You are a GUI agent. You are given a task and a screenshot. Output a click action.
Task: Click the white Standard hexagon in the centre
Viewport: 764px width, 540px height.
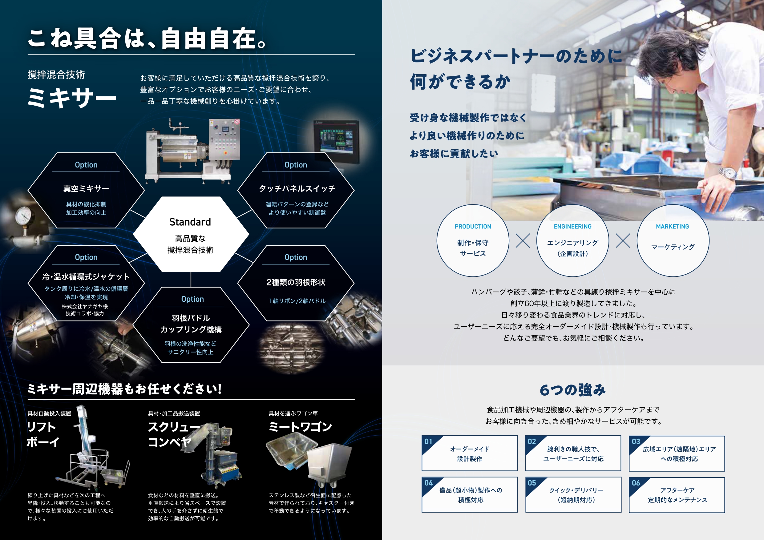click(191, 234)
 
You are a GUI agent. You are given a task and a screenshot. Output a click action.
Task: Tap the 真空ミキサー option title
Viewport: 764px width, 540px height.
click(86, 189)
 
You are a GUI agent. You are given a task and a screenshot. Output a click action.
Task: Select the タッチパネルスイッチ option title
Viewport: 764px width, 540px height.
click(297, 189)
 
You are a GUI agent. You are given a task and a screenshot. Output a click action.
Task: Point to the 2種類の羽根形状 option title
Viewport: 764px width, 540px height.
click(296, 283)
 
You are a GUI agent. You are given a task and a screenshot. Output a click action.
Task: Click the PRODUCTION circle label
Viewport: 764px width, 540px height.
click(473, 227)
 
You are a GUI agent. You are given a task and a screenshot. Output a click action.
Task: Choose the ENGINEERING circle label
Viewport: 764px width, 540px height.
click(573, 227)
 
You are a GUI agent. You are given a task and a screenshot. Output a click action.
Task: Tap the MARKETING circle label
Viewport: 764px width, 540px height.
click(673, 227)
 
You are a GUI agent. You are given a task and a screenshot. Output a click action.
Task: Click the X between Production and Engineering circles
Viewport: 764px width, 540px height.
click(523, 240)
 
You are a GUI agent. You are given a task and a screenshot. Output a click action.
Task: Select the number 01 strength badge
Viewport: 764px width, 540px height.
click(428, 441)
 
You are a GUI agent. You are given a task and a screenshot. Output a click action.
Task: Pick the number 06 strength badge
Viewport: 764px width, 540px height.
click(636, 483)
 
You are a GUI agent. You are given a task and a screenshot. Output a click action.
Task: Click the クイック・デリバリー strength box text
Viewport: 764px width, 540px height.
click(576, 495)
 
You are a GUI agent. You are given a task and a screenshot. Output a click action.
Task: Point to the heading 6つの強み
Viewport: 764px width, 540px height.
click(573, 390)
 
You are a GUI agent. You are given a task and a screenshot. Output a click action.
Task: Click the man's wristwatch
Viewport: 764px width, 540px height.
click(727, 173)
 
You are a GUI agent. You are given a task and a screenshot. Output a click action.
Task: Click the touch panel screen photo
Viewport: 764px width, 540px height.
click(336, 141)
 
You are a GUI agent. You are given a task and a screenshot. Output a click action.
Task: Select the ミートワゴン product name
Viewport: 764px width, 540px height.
click(301, 427)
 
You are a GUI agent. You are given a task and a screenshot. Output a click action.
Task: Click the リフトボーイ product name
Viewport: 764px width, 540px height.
click(43, 434)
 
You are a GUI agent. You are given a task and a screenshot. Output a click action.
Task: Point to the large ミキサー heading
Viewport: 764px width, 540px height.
click(72, 98)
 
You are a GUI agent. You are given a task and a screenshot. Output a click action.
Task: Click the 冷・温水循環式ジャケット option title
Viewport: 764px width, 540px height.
click(86, 277)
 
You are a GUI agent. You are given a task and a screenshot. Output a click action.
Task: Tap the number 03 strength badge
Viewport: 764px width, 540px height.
click(636, 441)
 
